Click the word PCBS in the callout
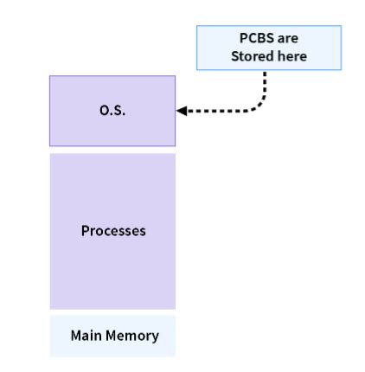point(256,40)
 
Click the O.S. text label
point(112,110)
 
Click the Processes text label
point(113,231)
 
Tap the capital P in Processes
point(85,231)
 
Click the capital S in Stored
point(234,55)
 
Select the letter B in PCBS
point(259,40)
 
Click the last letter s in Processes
point(143,231)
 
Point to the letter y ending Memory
point(155,337)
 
